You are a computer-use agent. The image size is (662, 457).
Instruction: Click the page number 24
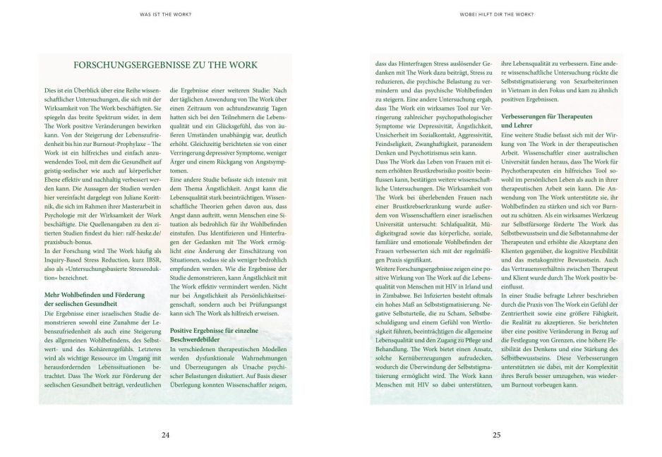(166, 435)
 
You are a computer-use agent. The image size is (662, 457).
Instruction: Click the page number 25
(496, 435)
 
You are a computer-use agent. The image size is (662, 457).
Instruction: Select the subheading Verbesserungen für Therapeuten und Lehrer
(546, 118)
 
